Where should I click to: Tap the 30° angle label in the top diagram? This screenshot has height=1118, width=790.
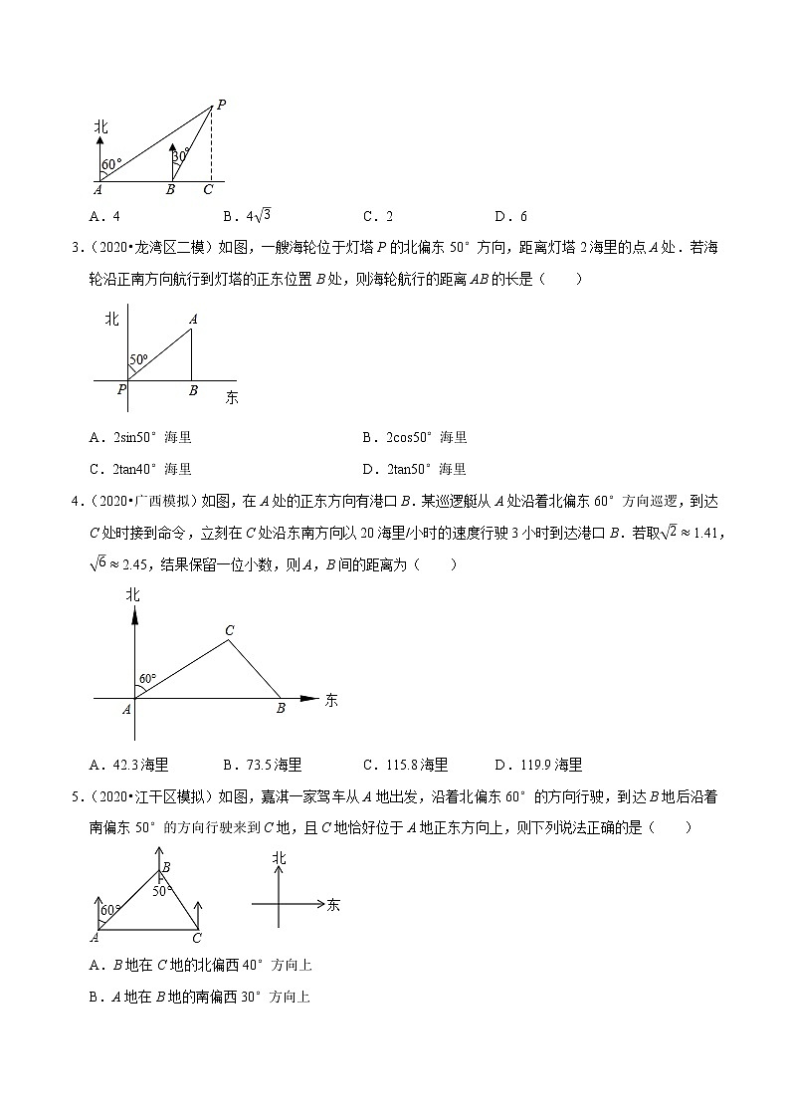179,155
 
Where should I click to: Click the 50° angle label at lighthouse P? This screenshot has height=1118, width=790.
138,359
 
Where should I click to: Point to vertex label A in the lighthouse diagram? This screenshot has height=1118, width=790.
192,319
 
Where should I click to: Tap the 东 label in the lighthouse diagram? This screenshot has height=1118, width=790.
231,397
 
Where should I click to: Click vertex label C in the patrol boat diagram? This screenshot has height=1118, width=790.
229,629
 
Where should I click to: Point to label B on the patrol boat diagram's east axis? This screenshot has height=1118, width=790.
281,708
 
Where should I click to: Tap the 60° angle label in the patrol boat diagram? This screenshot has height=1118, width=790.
147,678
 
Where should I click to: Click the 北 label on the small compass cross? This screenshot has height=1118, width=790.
280,857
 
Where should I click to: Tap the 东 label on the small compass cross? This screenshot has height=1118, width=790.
333,905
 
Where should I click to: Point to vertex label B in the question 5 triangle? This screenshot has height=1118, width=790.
166,867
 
